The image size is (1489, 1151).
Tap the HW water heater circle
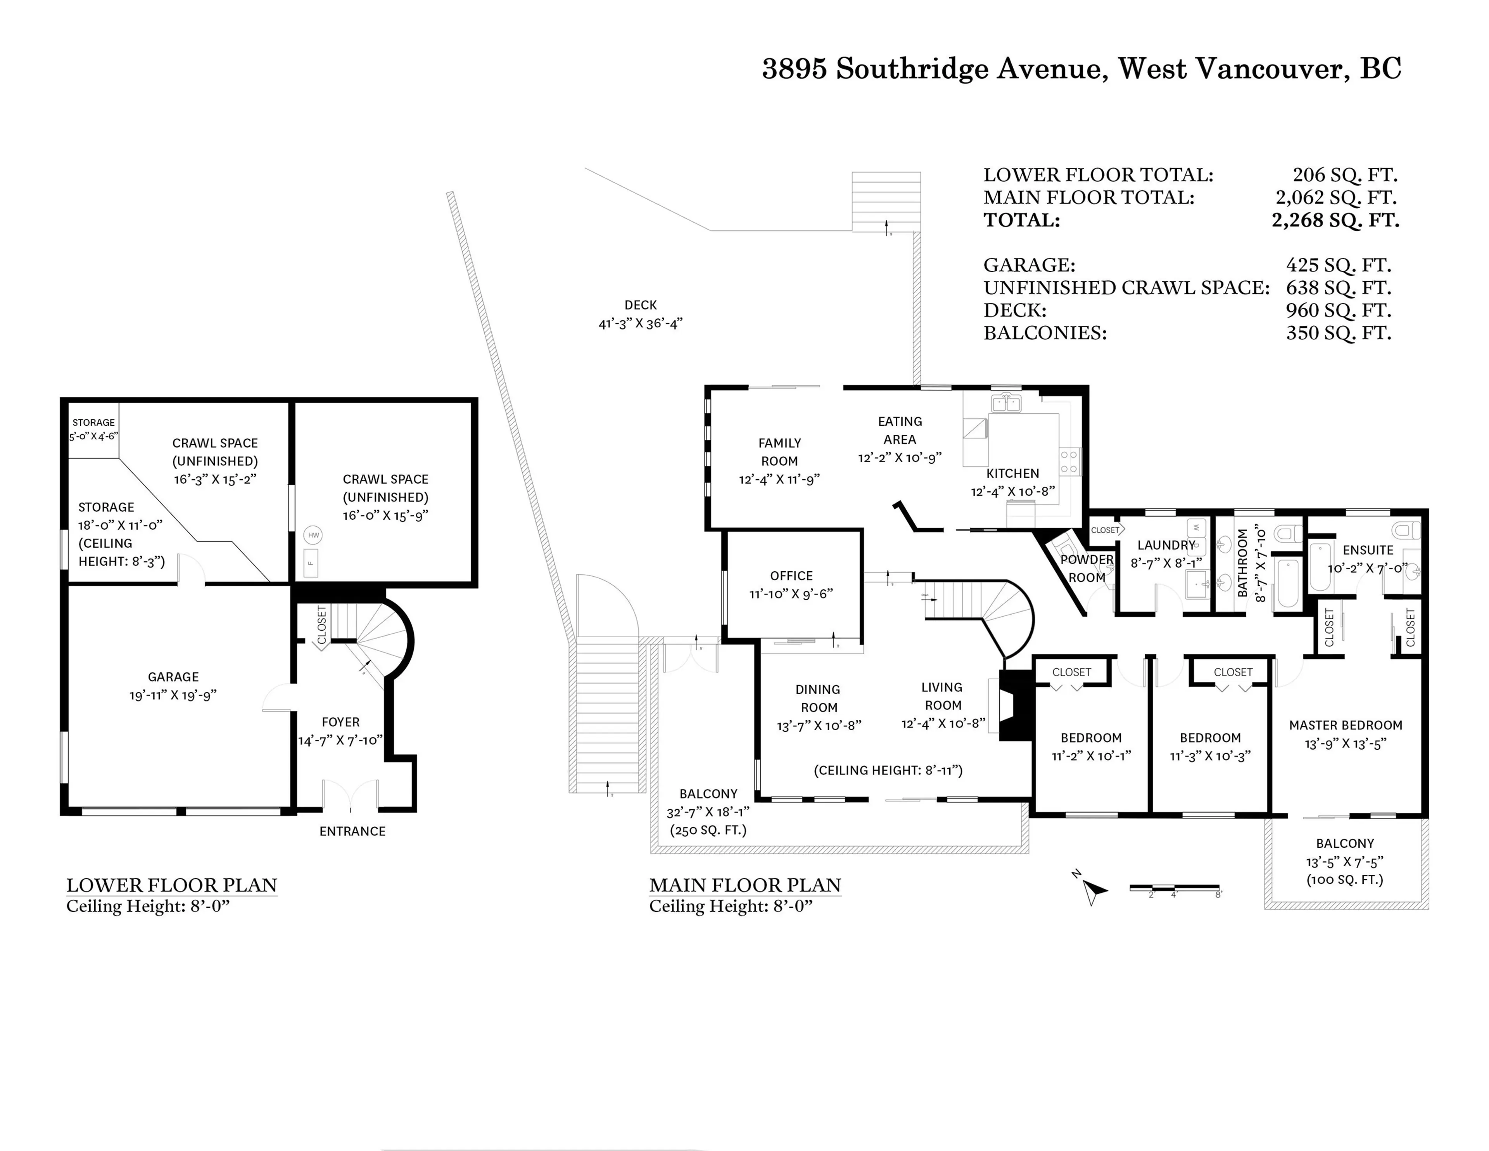pyautogui.click(x=313, y=535)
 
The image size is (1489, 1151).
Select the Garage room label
pyautogui.click(x=173, y=677)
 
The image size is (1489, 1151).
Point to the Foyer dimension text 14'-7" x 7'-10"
pyautogui.click(x=340, y=741)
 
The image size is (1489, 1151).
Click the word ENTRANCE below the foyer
pyautogui.click(x=352, y=831)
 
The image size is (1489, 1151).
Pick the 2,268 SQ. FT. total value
pyautogui.click(x=1335, y=220)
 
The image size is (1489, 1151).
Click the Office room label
pyautogui.click(x=791, y=576)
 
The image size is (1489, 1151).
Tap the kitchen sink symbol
pyautogui.click(x=1005, y=404)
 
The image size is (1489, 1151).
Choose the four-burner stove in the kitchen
pyautogui.click(x=1069, y=461)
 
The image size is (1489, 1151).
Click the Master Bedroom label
pyautogui.click(x=1345, y=726)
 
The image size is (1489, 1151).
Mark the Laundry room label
pyautogui.click(x=1166, y=546)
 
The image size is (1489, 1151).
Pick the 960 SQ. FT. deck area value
pyautogui.click(x=1338, y=310)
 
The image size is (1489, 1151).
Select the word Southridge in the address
pyautogui.click(x=912, y=69)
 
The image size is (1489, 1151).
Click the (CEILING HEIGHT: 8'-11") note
pyautogui.click(x=888, y=771)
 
